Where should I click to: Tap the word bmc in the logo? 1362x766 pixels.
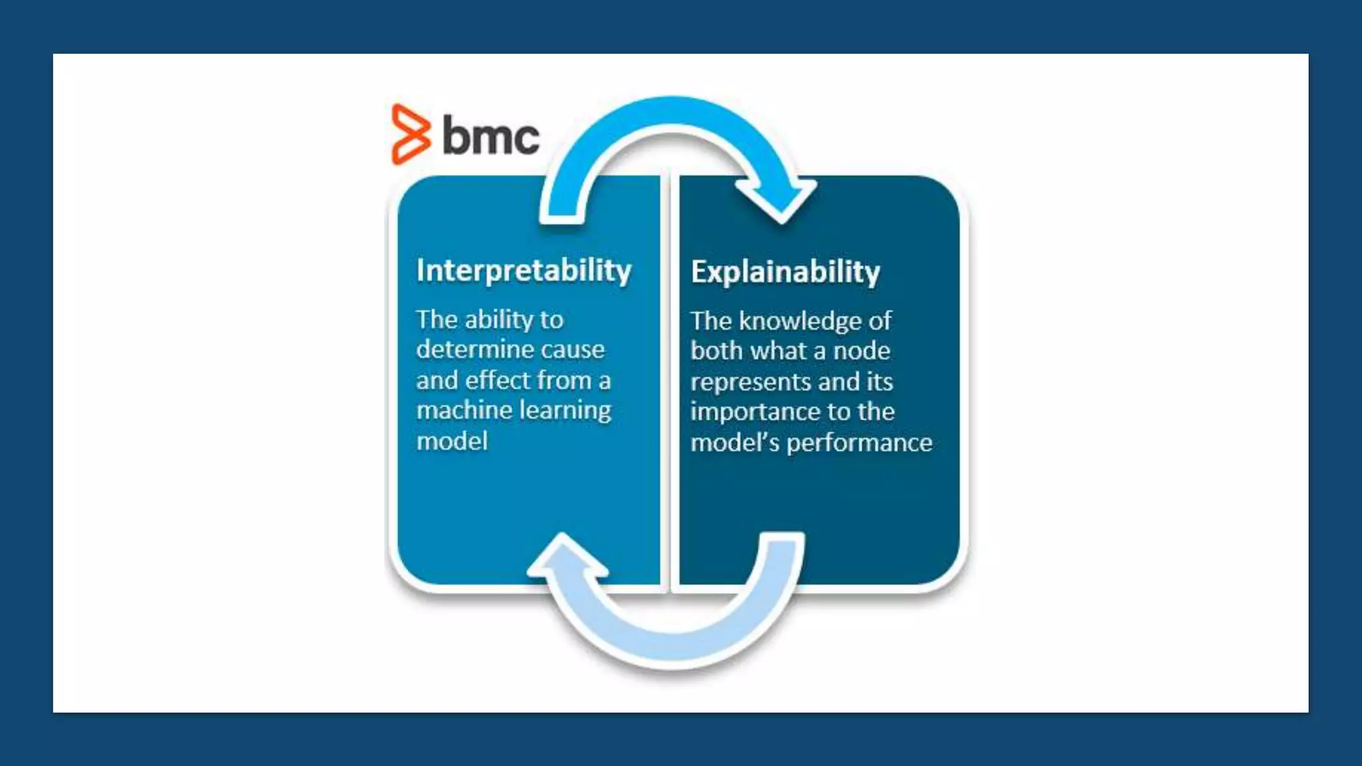491,136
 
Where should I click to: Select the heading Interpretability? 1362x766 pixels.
524,271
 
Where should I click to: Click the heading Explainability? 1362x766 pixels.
785,272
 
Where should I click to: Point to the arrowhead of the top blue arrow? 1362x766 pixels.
779,199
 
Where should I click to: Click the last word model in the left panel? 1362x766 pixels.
452,441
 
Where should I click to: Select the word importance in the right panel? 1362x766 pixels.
753,412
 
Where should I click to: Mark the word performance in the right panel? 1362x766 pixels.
859,443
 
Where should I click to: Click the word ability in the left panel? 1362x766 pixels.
499,320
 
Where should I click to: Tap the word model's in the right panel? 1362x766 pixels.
734,443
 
